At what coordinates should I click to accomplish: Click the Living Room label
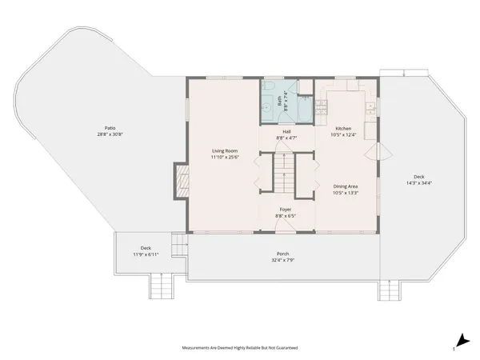coord(226,150)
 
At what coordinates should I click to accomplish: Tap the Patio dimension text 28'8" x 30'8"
coord(110,134)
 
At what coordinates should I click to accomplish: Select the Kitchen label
coord(343,128)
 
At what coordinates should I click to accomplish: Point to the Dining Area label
coord(346,186)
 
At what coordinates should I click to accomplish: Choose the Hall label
coord(286,132)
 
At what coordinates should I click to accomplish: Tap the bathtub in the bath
coord(305,99)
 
